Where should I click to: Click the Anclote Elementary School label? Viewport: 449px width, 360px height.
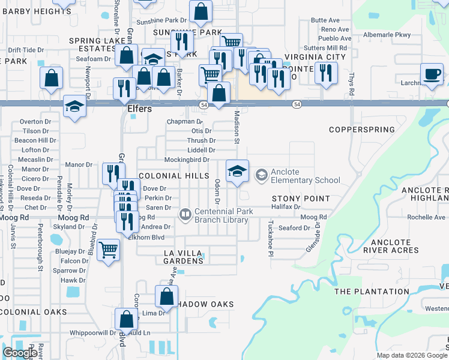click(305, 176)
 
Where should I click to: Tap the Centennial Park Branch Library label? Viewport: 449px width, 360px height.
click(224, 215)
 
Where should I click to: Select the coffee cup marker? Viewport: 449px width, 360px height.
click(431, 74)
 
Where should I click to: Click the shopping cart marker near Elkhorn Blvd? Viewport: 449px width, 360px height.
click(108, 249)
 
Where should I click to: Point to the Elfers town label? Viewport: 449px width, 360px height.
click(139, 110)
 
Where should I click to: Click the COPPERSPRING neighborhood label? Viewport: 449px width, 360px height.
click(362, 130)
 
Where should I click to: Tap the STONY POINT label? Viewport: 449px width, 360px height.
click(301, 198)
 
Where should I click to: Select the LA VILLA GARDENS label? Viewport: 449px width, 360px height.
click(184, 257)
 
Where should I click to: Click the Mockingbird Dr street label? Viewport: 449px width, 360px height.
click(187, 160)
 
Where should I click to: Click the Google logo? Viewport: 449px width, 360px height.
click(20, 353)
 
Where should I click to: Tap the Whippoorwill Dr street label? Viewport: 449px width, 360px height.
click(92, 332)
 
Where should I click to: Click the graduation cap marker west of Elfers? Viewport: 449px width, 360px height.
click(75, 106)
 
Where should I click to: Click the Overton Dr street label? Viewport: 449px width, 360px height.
click(35, 121)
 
